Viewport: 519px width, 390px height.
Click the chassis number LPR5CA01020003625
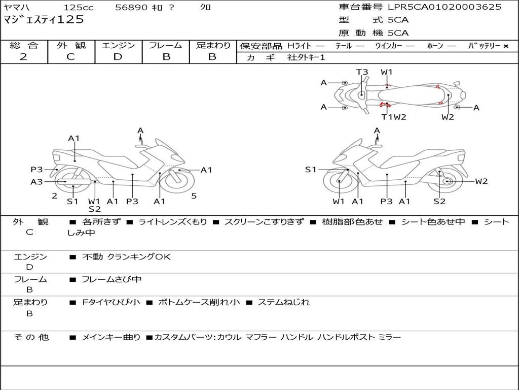[444, 7]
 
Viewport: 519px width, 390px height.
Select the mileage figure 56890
[132, 8]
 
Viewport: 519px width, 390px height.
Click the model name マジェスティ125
[44, 20]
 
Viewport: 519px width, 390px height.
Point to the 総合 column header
[24, 45]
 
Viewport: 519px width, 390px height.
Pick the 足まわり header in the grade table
[213, 45]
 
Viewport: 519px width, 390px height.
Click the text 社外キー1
[306, 57]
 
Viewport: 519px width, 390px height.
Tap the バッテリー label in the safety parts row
[484, 46]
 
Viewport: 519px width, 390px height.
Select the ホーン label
[435, 46]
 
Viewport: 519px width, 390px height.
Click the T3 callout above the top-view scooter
[362, 72]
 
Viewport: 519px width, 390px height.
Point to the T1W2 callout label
[394, 117]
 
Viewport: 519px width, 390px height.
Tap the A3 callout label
[36, 182]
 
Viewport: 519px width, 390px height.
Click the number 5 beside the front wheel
[194, 196]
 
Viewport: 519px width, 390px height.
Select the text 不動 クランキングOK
[126, 257]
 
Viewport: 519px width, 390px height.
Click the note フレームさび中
[112, 279]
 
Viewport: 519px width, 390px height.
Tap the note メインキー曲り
[111, 337]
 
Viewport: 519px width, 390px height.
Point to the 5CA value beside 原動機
[398, 33]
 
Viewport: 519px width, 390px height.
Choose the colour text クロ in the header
[206, 8]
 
